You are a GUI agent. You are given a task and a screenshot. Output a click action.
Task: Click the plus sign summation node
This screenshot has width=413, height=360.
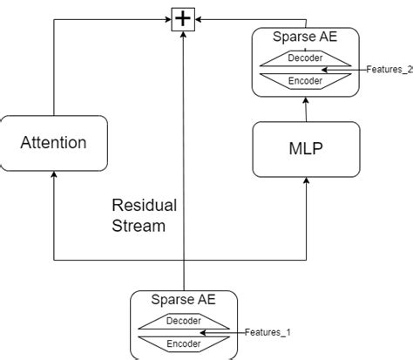(x=183, y=17)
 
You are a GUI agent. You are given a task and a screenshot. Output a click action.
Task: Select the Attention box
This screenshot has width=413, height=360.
(x=54, y=142)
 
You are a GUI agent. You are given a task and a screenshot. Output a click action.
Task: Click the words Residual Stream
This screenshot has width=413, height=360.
(x=144, y=215)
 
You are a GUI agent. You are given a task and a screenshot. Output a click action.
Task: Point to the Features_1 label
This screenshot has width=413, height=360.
(x=267, y=332)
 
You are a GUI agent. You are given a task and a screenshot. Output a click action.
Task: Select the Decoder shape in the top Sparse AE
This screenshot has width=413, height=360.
(x=305, y=58)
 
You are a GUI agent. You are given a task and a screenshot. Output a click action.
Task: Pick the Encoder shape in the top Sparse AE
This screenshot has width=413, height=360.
(x=305, y=81)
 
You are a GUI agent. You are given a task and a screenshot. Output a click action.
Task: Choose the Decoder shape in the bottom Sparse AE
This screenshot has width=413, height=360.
(x=184, y=321)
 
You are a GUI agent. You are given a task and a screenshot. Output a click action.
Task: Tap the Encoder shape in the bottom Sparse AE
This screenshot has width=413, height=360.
(x=184, y=343)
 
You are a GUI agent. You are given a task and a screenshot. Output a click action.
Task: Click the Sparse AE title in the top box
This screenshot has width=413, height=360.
(x=305, y=38)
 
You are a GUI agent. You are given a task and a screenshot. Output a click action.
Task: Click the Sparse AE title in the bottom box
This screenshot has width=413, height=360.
(x=184, y=300)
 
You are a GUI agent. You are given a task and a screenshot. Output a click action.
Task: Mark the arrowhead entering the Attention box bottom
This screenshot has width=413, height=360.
(x=54, y=175)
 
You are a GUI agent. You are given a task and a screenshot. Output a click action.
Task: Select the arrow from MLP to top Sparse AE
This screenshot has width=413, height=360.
(x=306, y=109)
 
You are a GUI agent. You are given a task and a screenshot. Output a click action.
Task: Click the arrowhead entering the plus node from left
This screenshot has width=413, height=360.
(x=170, y=17)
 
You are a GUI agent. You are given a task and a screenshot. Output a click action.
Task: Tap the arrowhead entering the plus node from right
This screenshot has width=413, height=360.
(x=197, y=17)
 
